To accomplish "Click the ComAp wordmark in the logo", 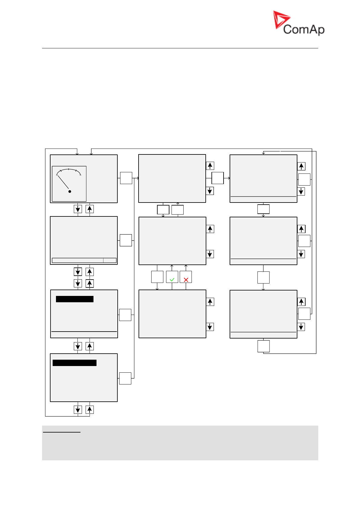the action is click(304, 29).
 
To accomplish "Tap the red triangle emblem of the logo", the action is click(280, 19).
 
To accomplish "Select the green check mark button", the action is click(172, 277).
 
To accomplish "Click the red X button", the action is click(186, 277).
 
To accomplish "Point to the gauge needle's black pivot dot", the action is click(70, 192).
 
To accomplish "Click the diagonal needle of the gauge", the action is click(63, 182).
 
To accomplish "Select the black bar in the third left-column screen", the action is click(75, 299).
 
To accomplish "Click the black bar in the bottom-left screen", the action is click(75, 363).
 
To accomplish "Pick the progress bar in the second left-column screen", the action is click(84, 261).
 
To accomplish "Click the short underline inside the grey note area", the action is click(62, 432).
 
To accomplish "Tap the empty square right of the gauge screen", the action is click(126, 178).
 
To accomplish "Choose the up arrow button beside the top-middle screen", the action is click(210, 166).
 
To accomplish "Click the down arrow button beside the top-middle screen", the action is click(210, 191).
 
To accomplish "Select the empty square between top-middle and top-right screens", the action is click(218, 178).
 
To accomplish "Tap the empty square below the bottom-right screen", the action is click(263, 346).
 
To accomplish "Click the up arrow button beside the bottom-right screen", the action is click(301, 302).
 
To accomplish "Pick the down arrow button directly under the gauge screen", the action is click(78, 209).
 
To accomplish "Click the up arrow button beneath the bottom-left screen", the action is click(90, 410).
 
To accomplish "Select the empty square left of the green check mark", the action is click(157, 277).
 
